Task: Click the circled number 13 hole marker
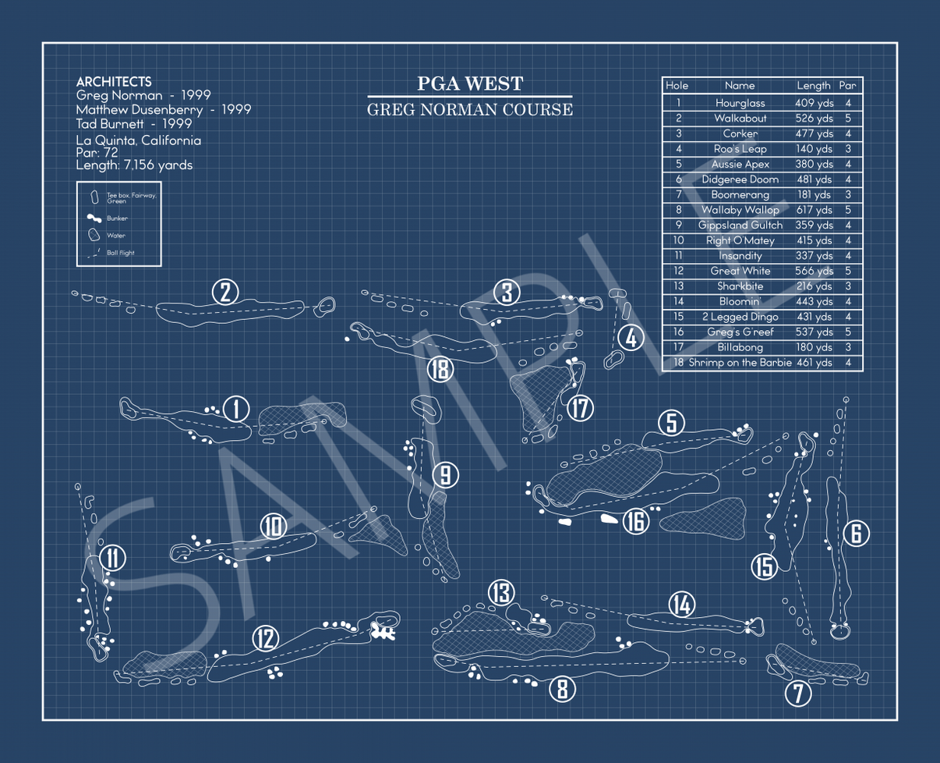501,593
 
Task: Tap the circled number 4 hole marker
631,339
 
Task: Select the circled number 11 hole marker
113,559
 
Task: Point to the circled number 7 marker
797,694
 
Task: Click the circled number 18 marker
441,368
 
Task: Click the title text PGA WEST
469,84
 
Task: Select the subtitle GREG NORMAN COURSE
469,110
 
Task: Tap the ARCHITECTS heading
114,82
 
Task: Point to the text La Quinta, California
138,140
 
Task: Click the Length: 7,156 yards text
134,165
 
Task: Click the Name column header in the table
740,86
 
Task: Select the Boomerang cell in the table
740,195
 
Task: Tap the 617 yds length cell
814,210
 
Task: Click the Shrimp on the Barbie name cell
740,363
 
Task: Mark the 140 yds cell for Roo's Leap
814,149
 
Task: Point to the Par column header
847,86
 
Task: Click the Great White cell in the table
740,271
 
